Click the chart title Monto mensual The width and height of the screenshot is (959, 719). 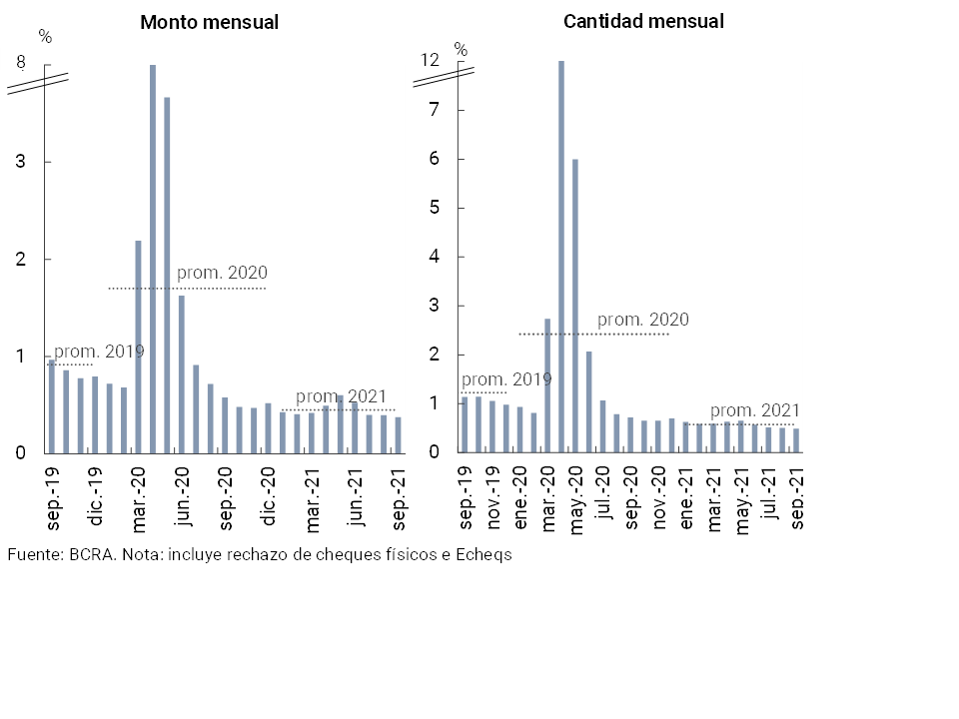point(209,22)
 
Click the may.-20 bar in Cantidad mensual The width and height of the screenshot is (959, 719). point(575,305)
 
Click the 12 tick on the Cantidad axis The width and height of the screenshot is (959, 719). point(430,61)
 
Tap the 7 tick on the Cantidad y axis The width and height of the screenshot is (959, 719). point(435,110)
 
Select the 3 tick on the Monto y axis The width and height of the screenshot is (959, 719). point(20,162)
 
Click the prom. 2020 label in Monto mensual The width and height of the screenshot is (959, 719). point(222,273)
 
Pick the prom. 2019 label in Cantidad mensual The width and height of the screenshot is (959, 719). point(506,379)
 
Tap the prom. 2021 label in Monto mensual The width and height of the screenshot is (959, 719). point(341,396)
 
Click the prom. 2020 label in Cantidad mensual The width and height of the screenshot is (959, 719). point(643,320)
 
